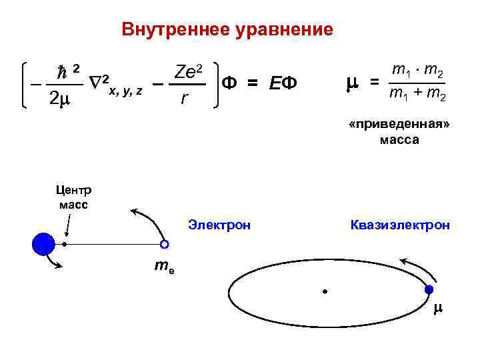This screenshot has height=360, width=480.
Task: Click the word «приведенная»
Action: click(399, 126)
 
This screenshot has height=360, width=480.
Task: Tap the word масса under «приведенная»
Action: click(399, 140)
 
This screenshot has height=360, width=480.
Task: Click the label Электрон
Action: click(219, 225)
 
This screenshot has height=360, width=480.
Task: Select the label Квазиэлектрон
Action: click(400, 225)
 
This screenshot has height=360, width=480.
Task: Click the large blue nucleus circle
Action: click(43, 245)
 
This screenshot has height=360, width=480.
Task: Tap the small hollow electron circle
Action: click(164, 245)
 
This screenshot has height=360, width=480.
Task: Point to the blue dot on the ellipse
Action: click(429, 289)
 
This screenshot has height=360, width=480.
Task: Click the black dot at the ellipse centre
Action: click(325, 291)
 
